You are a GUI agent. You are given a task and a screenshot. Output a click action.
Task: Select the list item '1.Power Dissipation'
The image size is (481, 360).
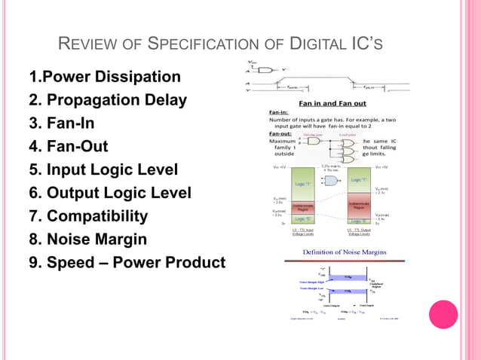(x=104, y=77)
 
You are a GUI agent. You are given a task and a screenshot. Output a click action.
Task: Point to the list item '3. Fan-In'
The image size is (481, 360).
(x=61, y=124)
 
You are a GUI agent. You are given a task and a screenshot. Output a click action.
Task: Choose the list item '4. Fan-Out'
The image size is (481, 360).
(x=68, y=147)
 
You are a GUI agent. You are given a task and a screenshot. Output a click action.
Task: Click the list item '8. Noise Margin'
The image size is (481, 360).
(x=87, y=239)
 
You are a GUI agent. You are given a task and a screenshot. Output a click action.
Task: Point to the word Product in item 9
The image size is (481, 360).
(x=192, y=263)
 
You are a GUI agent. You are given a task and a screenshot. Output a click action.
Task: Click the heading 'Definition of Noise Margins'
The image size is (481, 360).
(x=345, y=251)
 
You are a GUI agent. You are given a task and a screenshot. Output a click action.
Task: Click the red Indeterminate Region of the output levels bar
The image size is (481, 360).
(x=358, y=205)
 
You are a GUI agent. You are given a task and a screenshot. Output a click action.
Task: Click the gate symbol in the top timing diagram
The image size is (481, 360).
(x=264, y=69)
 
